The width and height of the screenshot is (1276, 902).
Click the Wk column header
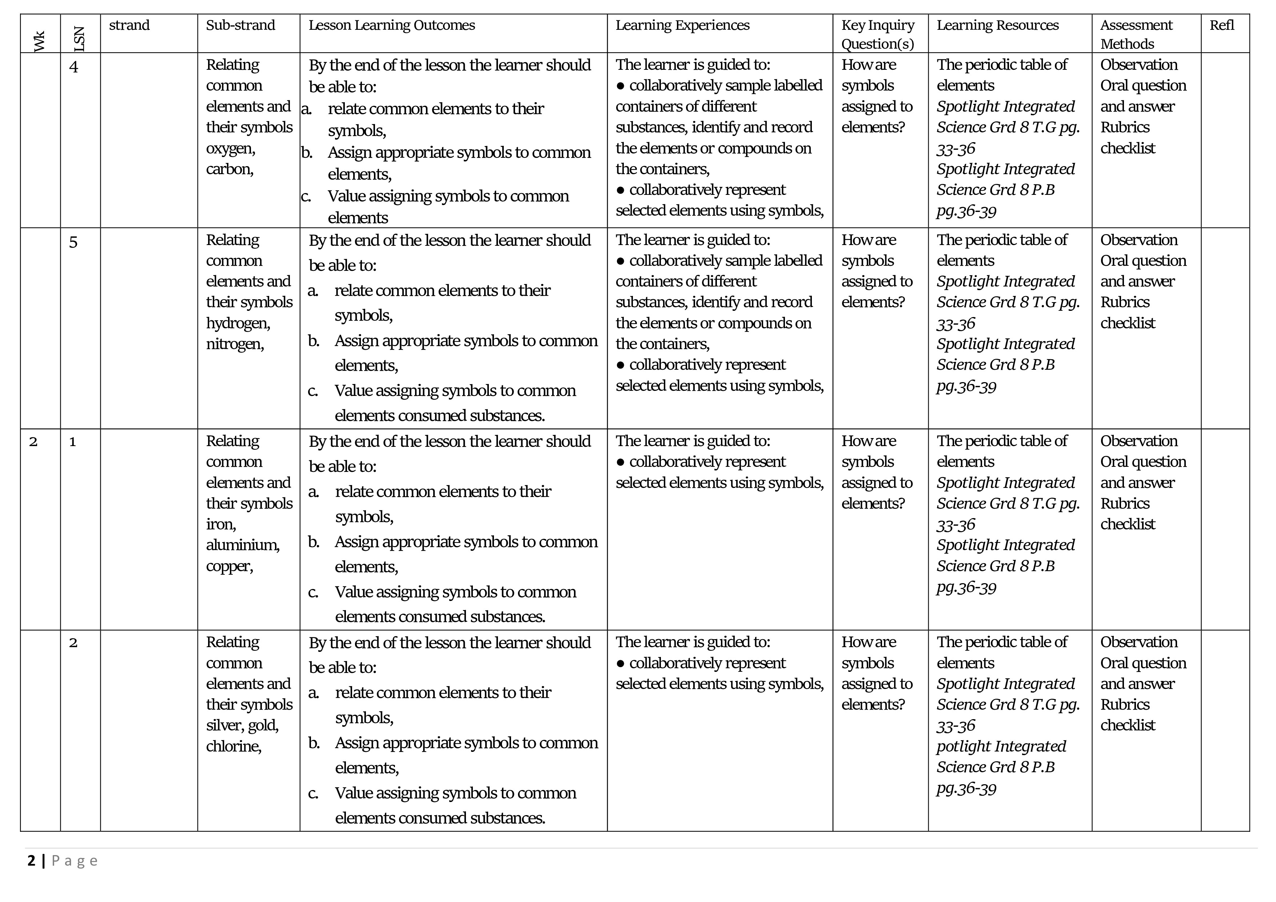point(39,41)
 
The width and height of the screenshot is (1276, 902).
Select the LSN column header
point(79,39)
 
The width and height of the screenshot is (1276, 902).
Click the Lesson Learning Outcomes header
point(392,25)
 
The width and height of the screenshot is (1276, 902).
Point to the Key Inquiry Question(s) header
point(878,35)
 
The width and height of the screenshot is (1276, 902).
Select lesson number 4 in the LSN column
point(74,67)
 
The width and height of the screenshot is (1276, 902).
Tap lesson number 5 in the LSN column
point(73,243)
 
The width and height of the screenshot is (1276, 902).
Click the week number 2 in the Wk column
point(33,442)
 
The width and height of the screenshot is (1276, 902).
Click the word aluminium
point(242,545)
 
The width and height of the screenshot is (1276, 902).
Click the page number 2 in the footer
point(31,861)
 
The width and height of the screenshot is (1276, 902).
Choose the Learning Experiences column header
point(682,25)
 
